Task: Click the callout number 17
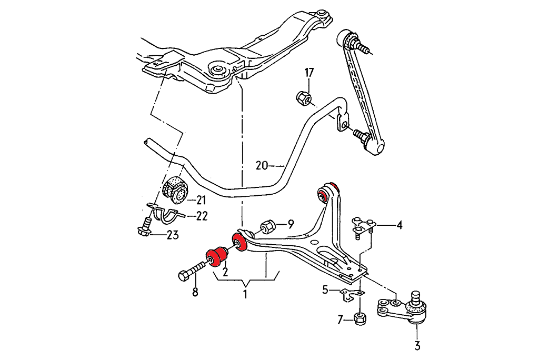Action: tap(308, 72)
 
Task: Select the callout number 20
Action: tap(262, 165)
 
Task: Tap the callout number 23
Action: tap(172, 235)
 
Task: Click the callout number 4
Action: tap(399, 226)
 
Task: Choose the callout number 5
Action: tap(325, 289)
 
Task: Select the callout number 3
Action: tap(417, 346)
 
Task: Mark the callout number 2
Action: tap(225, 272)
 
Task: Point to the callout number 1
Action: tap(245, 294)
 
